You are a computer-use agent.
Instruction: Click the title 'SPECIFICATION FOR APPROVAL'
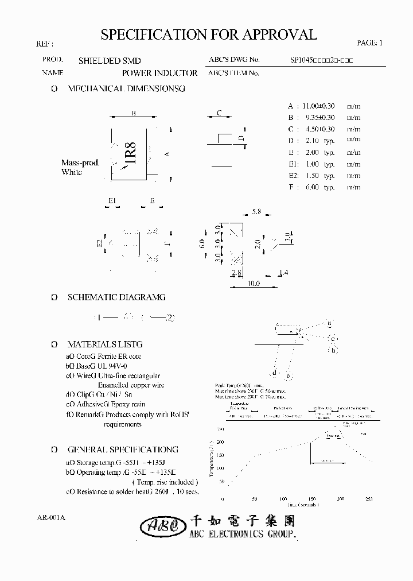click(x=209, y=35)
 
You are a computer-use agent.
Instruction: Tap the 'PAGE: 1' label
click(x=369, y=43)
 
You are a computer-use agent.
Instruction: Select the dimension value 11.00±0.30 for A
click(x=318, y=106)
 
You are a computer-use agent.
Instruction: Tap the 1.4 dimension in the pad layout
click(x=283, y=272)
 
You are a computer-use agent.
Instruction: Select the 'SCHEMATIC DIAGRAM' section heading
click(x=116, y=297)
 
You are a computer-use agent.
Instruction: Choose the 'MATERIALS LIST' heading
click(x=104, y=344)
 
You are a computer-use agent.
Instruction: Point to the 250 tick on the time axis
click(x=368, y=499)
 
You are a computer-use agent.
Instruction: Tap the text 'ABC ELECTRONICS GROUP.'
click(x=243, y=534)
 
